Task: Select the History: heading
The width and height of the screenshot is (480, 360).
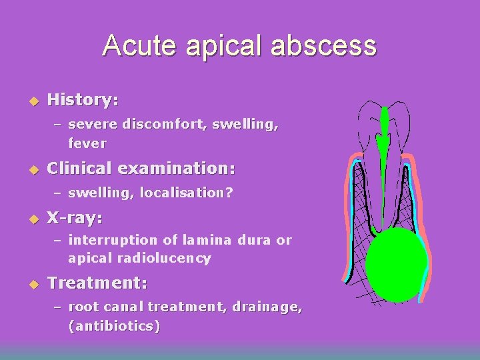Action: pos(83,101)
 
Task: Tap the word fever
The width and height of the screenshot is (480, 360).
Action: pos(87,143)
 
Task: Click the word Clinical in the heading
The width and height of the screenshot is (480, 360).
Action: pos(81,167)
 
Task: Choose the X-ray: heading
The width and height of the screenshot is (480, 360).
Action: pos(75,218)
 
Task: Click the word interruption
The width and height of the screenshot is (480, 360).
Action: pos(107,240)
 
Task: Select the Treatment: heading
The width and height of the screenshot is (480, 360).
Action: pos(97,283)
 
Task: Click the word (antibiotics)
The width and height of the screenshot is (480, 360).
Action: pos(113,327)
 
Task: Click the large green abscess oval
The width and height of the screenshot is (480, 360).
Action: pos(396,265)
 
